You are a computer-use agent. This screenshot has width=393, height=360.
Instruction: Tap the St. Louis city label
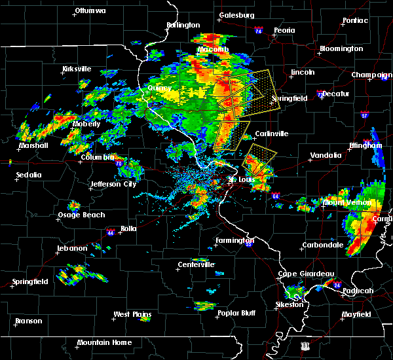click(240, 179)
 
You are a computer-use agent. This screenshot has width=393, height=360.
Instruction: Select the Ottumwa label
click(90, 11)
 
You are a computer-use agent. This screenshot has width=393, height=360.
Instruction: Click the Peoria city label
click(284, 31)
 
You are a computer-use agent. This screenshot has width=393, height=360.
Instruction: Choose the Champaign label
click(371, 75)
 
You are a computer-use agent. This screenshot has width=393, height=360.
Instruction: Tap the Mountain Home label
click(104, 342)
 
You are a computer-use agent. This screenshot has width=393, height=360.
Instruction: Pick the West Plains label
click(132, 315)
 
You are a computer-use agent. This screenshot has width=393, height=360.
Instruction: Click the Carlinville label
click(272, 134)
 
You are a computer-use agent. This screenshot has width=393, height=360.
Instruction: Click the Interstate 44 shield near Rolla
click(111, 232)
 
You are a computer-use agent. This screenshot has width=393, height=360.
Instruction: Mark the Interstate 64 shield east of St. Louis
click(276, 195)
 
